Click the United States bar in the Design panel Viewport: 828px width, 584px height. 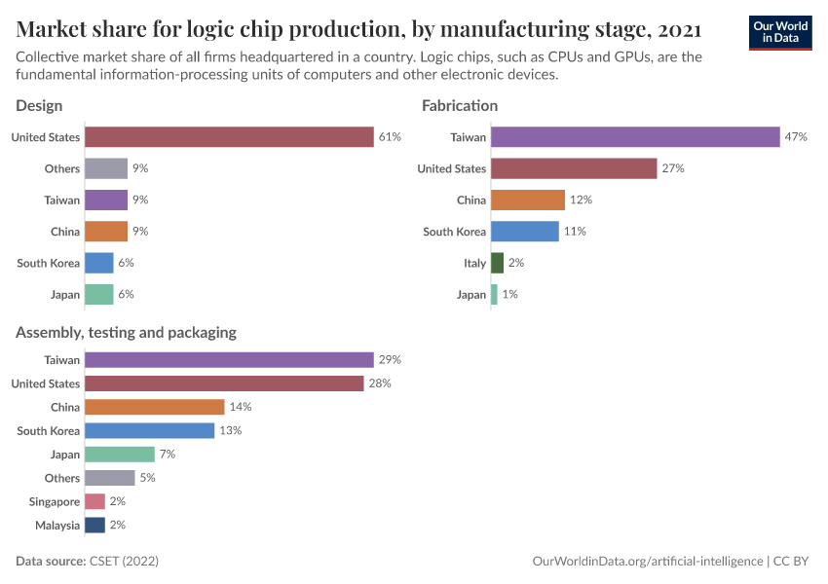(229, 137)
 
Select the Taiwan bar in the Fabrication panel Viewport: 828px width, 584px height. (635, 137)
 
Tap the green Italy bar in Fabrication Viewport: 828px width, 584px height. (497, 263)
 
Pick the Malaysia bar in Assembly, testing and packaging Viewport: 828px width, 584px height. (94, 525)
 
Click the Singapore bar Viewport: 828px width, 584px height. (94, 501)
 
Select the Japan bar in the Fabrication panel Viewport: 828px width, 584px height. (494, 294)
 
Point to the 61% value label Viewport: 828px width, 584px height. (390, 137)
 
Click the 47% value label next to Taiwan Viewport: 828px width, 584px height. (796, 137)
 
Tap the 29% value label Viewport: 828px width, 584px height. (390, 360)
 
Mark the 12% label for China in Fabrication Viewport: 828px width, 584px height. (581, 200)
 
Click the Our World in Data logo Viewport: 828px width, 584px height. (780, 31)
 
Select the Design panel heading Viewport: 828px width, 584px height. (39, 105)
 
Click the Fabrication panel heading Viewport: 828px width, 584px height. (459, 105)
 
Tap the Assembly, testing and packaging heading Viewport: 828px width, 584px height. (126, 332)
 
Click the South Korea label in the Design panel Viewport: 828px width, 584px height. (49, 263)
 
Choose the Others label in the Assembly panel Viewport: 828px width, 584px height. (62, 478)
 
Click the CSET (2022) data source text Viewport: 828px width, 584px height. (124, 562)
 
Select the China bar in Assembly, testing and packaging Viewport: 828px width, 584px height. (154, 407)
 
